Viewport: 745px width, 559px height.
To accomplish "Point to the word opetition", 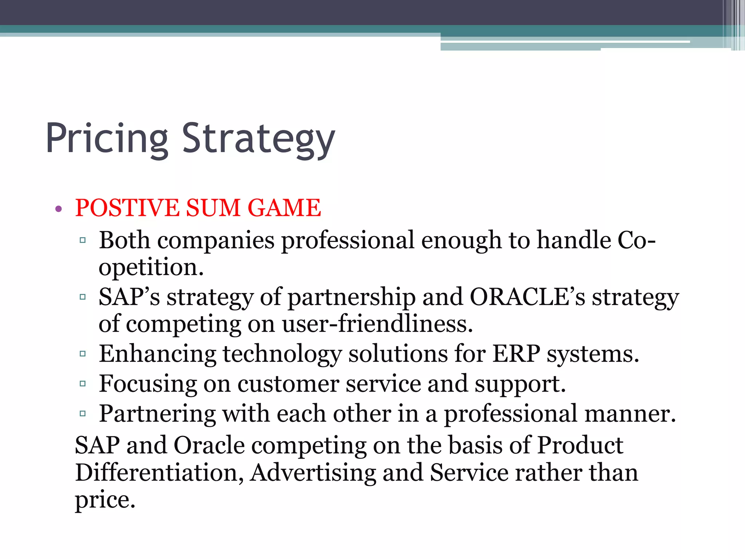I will click(x=151, y=268).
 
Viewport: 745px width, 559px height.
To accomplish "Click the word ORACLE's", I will click(x=527, y=297).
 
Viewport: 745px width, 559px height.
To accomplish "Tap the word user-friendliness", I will click(x=377, y=324).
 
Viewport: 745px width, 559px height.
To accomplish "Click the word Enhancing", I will click(x=157, y=354).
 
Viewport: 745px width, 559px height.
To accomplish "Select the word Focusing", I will click(x=147, y=384).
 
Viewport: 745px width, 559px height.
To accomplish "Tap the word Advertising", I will click(x=313, y=473).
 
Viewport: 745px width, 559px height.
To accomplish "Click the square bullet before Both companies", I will click(x=83, y=240).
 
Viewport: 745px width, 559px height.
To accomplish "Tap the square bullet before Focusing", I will click(x=83, y=384).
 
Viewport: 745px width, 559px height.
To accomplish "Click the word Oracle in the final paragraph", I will click(x=209, y=445).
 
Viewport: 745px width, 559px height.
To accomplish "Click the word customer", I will click(x=288, y=384).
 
